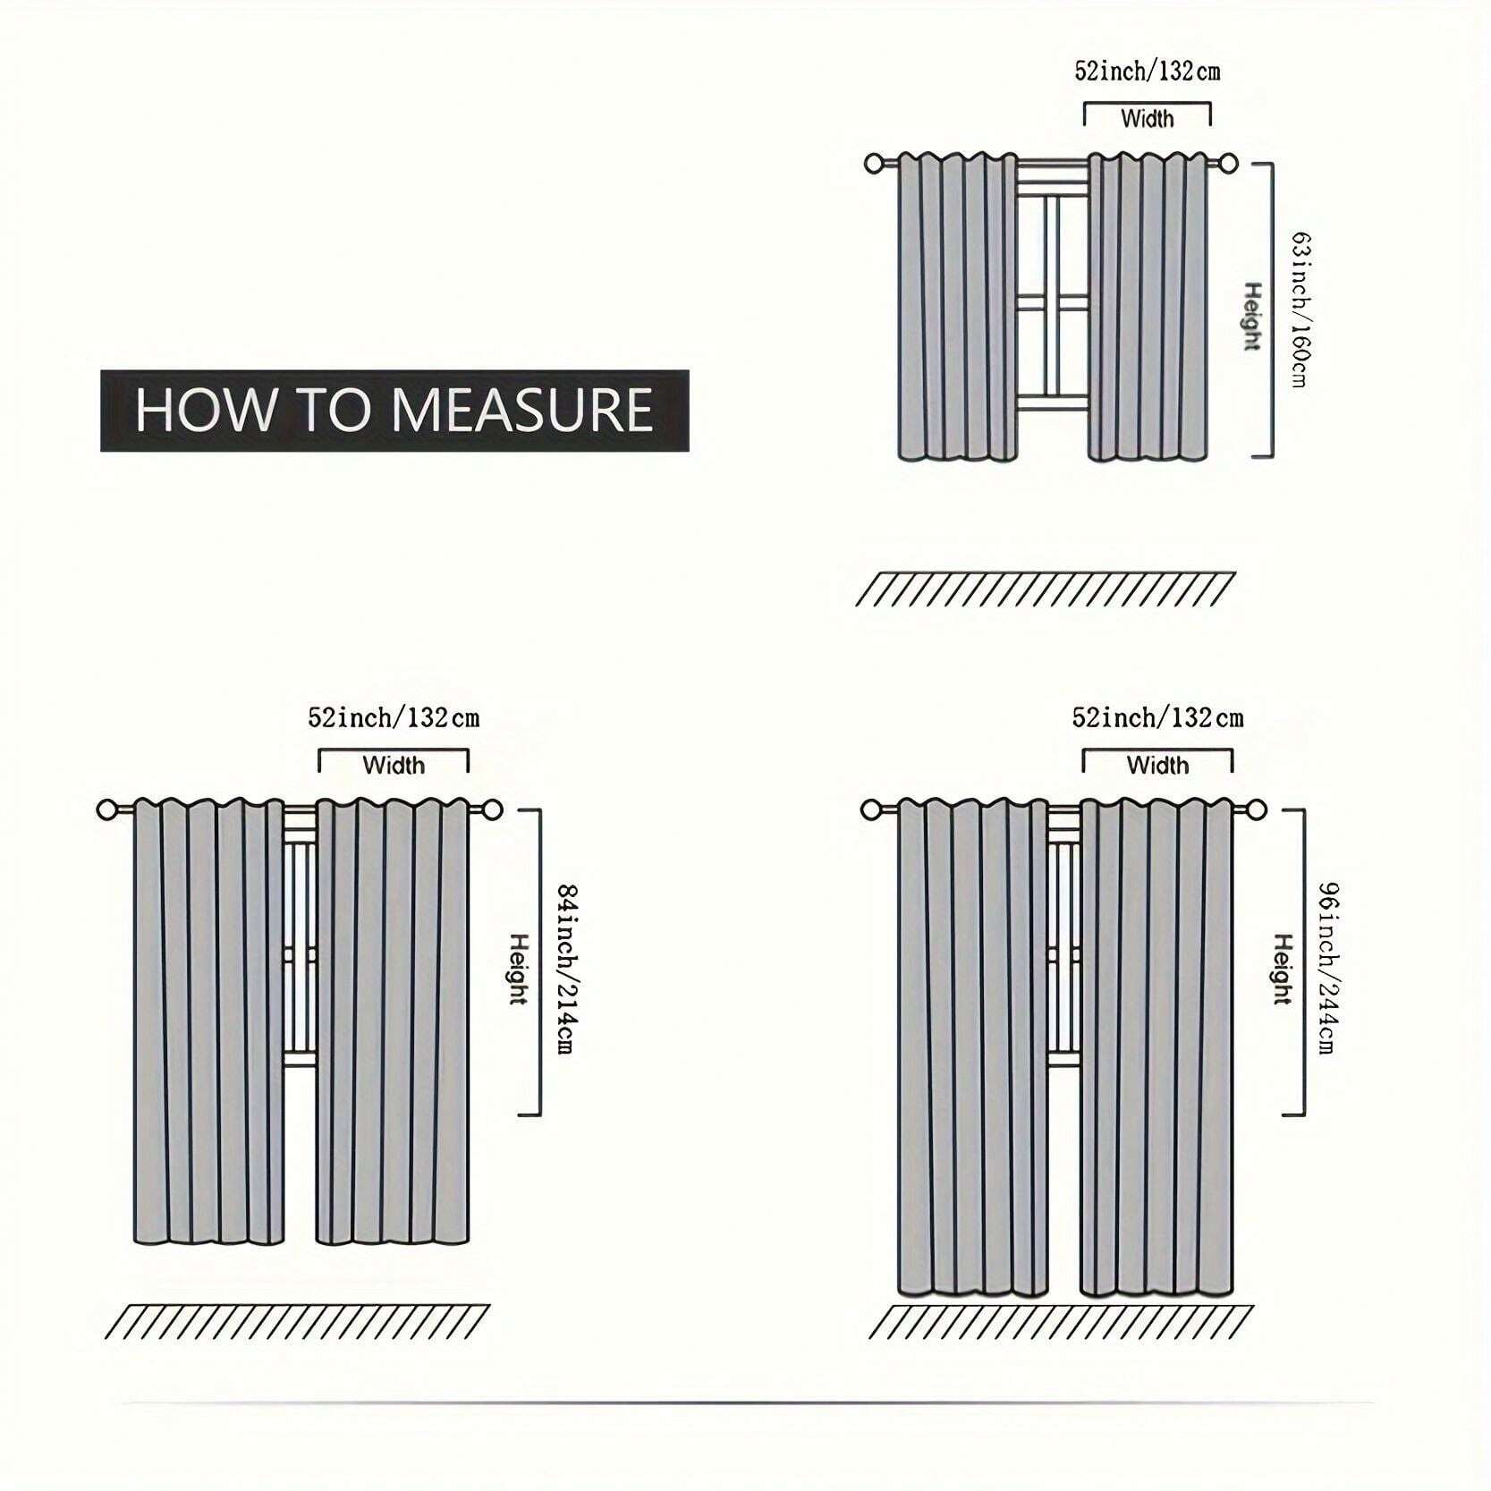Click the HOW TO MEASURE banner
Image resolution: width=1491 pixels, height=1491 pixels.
(x=394, y=410)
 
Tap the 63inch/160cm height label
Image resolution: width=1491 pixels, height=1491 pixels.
(x=1301, y=309)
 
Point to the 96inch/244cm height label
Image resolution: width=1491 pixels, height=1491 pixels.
(x=1328, y=968)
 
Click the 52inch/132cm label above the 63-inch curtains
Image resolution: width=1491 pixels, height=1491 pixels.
(x=1147, y=72)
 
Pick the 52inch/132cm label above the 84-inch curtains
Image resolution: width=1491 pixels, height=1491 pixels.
(x=394, y=717)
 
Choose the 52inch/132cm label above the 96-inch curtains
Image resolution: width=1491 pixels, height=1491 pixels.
(x=1157, y=717)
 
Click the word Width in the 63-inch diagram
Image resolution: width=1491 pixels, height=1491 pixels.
(x=1147, y=118)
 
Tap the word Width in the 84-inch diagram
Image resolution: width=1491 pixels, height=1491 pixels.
(x=394, y=765)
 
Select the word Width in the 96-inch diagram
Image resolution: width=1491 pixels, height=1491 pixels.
(x=1157, y=765)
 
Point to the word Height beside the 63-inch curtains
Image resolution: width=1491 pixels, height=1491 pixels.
(x=1253, y=317)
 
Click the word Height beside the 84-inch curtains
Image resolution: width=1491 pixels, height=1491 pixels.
(x=519, y=969)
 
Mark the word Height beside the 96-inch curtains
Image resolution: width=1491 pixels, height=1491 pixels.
(x=1283, y=969)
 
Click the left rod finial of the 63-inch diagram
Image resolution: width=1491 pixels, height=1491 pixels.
(x=875, y=164)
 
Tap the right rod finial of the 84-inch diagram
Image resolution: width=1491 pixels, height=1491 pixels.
(x=492, y=810)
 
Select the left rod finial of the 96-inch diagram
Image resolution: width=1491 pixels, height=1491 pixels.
(x=871, y=810)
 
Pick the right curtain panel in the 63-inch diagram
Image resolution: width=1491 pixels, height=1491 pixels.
(x=1148, y=307)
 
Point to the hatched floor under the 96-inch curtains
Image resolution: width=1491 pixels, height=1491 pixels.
(x=1061, y=1322)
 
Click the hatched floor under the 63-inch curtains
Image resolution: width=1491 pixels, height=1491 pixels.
(x=1046, y=589)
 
